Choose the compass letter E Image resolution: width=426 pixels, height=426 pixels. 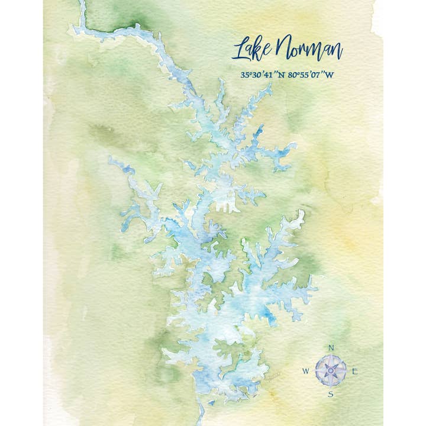click(354, 372)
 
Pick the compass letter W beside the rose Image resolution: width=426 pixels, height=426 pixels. click(306, 372)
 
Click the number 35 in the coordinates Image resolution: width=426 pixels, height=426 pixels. click(244, 76)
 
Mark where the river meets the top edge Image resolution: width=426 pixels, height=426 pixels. click(82, 3)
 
